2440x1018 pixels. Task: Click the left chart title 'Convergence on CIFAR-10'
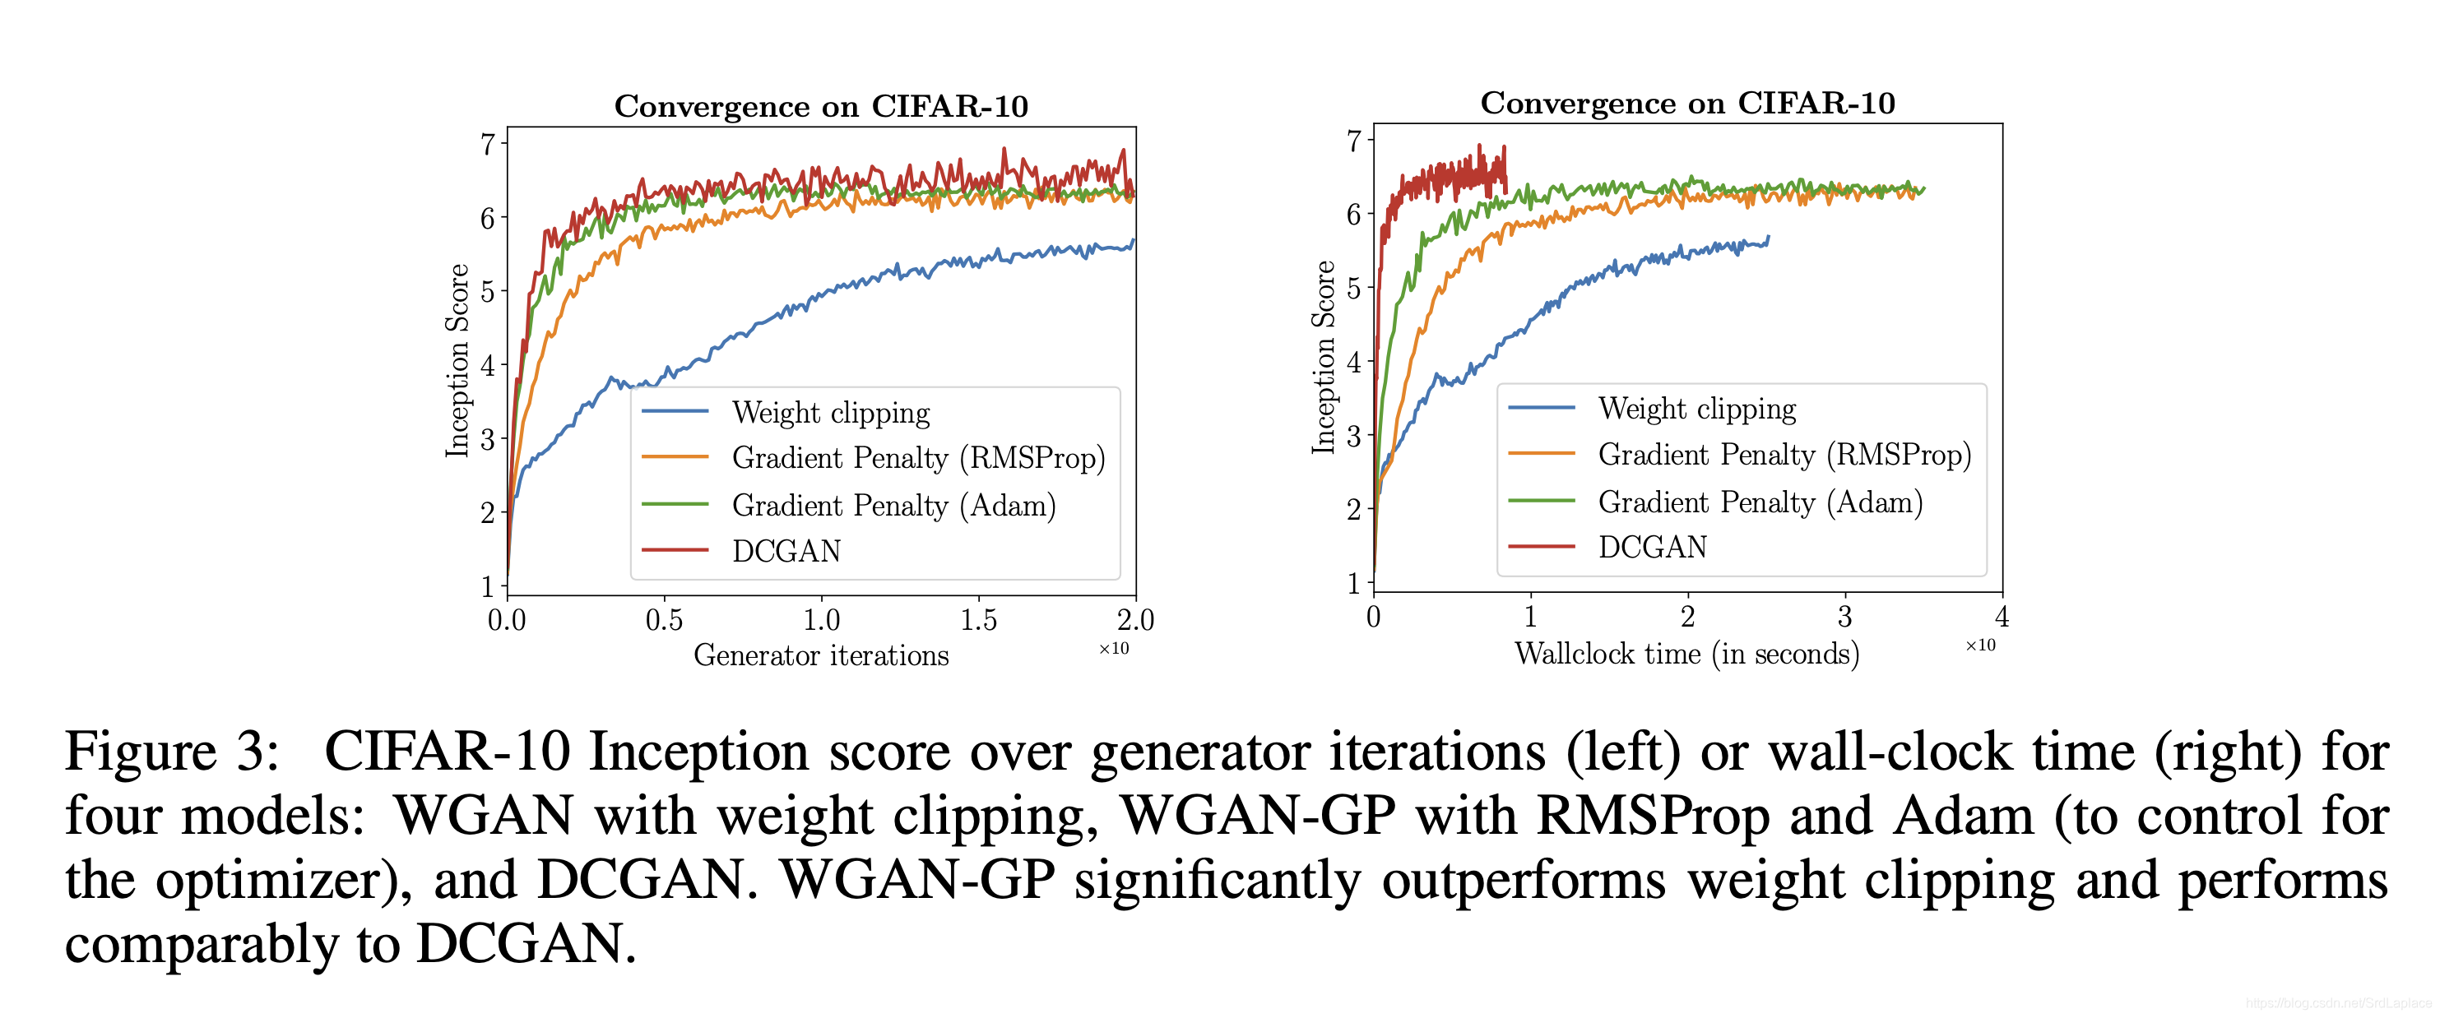point(820,106)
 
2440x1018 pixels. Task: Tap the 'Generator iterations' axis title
point(820,655)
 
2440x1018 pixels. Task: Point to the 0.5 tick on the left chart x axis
point(664,620)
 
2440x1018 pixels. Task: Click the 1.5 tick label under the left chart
point(978,620)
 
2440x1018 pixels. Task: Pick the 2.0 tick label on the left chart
point(1134,620)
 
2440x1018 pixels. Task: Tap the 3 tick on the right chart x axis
point(1844,618)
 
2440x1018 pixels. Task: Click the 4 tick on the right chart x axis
point(2002,618)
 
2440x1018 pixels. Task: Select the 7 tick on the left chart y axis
point(488,145)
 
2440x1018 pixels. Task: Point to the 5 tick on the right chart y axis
point(1354,288)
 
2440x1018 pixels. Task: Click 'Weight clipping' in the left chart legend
point(831,413)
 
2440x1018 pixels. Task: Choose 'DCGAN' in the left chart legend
point(786,551)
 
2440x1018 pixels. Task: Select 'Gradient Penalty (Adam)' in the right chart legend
point(1760,502)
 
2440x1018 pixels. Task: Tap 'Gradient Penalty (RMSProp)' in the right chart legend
point(1784,455)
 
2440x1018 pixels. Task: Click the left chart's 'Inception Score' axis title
point(457,361)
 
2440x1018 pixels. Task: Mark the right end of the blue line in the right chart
point(1768,238)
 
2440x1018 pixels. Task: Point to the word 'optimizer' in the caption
point(270,881)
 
